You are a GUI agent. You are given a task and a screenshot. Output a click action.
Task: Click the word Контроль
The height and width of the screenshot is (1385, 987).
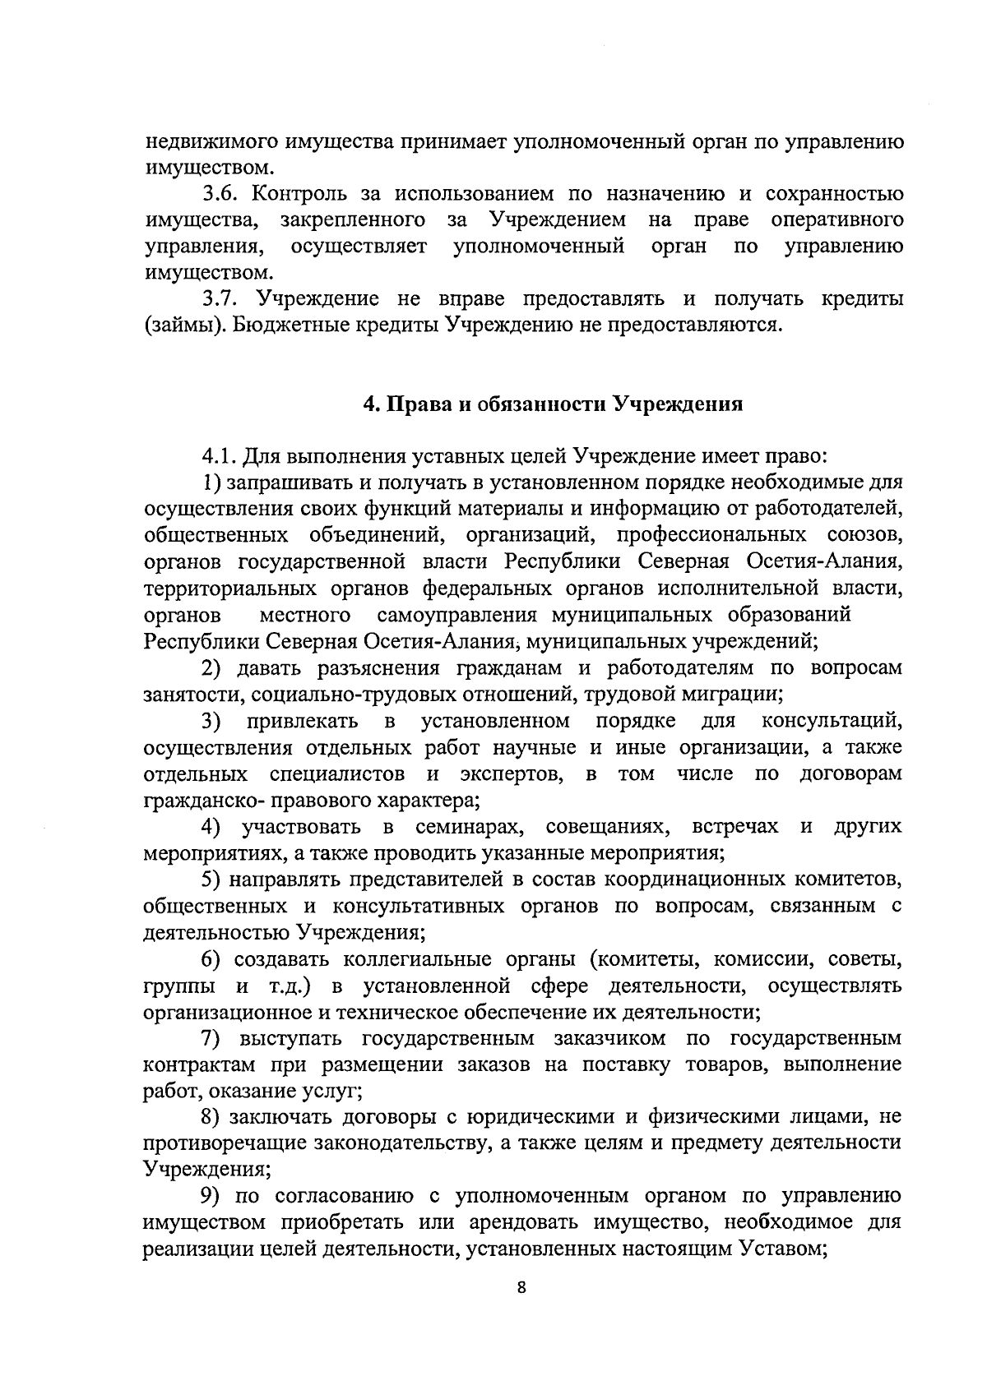(301, 195)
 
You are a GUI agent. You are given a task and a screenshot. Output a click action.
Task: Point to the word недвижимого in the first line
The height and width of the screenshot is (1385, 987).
(211, 143)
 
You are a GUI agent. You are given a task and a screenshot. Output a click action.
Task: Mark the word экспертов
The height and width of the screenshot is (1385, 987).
(512, 774)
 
